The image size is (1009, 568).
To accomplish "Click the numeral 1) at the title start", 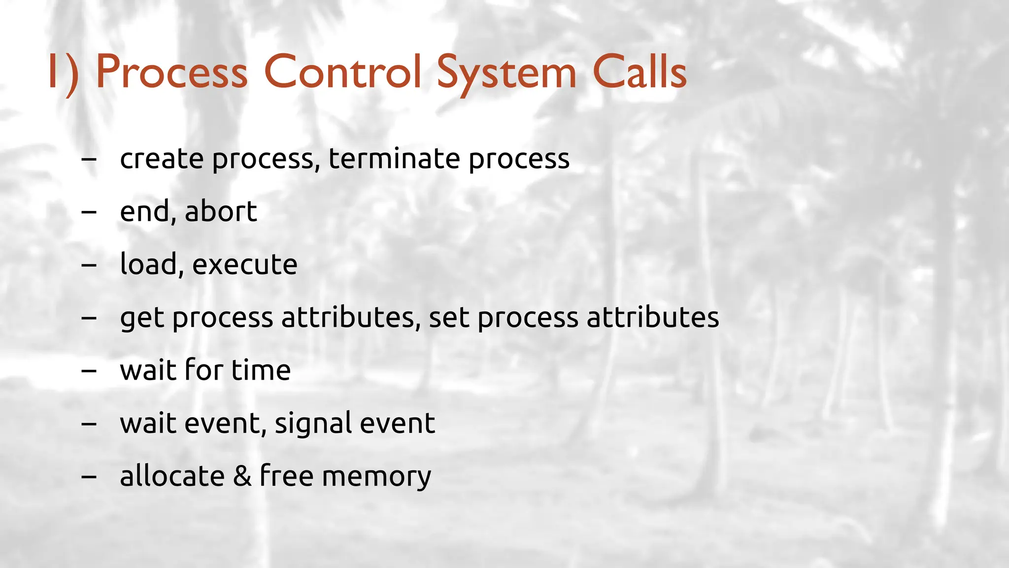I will [63, 73].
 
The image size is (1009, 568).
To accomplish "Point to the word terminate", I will [394, 159].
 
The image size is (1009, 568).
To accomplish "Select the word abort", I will [221, 212].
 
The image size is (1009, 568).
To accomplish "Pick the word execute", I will [245, 265].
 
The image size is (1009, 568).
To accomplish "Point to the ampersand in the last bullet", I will [242, 476].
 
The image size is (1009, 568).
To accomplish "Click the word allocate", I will [172, 476].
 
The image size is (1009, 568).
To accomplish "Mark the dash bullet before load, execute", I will [89, 265].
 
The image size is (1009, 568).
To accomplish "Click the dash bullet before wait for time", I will [89, 371].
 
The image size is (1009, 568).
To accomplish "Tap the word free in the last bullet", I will [286, 476].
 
